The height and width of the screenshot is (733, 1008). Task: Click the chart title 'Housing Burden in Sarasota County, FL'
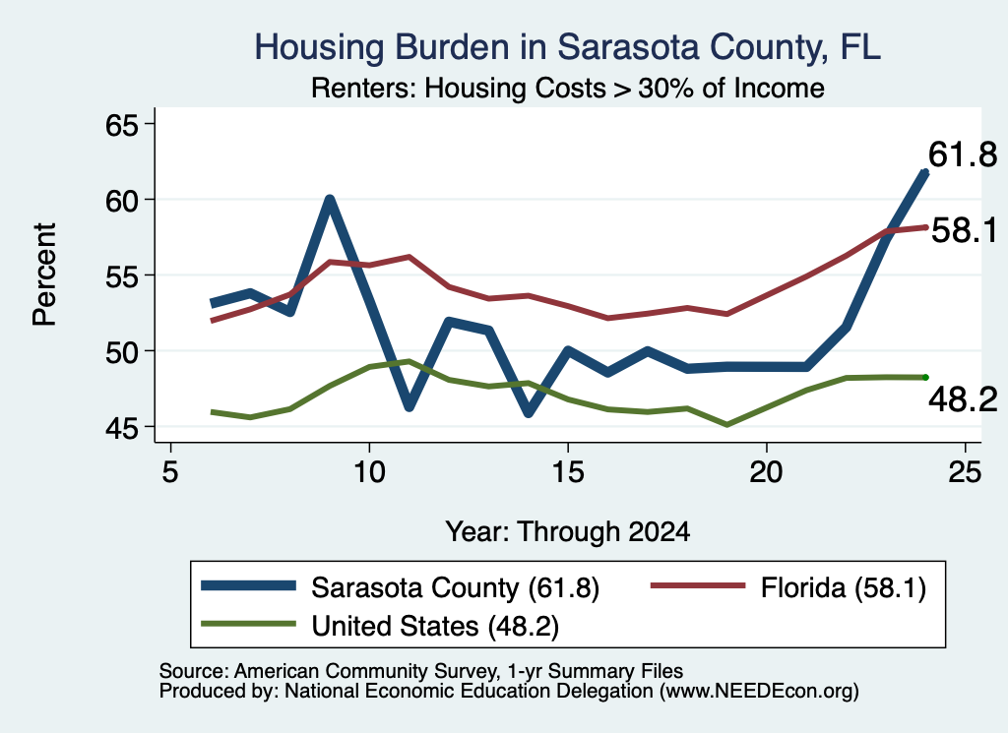pos(567,47)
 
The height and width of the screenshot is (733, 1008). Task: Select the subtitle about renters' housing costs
pos(568,88)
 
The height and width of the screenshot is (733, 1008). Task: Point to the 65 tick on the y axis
pos(122,125)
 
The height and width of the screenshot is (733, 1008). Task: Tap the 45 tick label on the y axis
pos(122,428)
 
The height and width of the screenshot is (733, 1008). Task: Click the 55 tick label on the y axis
pos(122,276)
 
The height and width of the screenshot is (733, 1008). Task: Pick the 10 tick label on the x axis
pos(369,472)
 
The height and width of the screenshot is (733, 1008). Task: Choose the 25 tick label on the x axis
pos(965,472)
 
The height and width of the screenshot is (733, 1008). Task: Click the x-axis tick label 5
pos(169,472)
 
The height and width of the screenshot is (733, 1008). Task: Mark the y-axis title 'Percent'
pos(44,275)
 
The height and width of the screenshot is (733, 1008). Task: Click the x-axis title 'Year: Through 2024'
pos(568,532)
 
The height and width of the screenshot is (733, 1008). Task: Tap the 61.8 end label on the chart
pos(963,154)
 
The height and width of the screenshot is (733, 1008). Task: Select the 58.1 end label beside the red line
pos(964,230)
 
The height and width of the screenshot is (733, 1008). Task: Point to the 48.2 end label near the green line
pos(963,399)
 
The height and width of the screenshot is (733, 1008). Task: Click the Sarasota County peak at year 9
pos(329,200)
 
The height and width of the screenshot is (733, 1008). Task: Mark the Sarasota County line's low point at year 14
pos(529,412)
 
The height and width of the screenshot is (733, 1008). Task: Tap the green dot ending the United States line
pos(925,377)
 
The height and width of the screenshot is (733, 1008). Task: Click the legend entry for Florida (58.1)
pos(788,587)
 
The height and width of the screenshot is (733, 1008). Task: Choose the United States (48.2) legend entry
pos(380,626)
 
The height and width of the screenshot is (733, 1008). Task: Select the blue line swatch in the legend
pos(248,585)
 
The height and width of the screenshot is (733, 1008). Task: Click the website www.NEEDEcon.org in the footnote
pos(758,692)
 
